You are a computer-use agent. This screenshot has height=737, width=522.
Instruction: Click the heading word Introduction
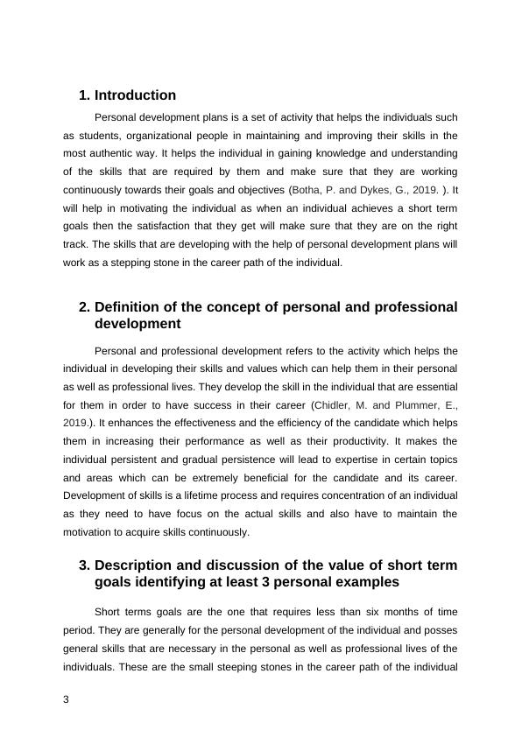pos(135,95)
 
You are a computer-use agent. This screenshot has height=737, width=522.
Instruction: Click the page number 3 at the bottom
pos(67,698)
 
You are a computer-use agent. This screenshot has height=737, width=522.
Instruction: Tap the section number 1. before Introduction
pos(84,95)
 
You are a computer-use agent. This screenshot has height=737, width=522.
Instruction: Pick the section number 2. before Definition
pos(84,307)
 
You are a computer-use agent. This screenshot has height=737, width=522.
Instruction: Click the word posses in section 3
pos(443,629)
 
